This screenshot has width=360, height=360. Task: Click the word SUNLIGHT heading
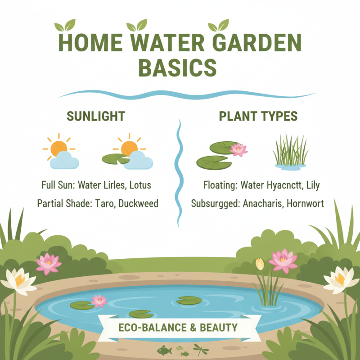click(x=95, y=116)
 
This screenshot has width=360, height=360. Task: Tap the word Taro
click(x=104, y=203)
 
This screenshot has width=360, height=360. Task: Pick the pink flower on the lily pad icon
click(x=238, y=149)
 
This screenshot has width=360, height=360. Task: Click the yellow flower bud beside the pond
click(x=260, y=264)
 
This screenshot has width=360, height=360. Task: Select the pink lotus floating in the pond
click(x=99, y=300)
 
